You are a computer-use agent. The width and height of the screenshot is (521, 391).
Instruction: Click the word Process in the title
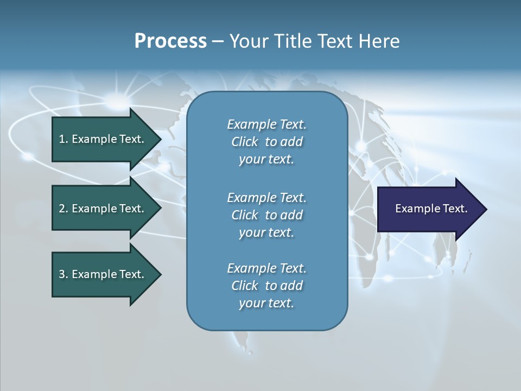170,41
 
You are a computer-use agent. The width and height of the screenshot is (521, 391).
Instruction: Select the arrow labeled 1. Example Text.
101,139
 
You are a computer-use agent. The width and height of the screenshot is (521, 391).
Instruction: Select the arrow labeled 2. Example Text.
101,209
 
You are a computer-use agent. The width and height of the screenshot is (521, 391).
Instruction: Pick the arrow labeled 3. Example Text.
101,274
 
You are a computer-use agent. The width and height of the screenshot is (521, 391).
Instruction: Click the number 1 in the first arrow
62,139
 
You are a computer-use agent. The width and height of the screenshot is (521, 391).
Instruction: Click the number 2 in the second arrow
62,209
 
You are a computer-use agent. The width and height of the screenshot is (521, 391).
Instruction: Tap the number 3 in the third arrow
62,274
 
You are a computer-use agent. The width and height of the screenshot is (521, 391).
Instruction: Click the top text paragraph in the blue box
266,142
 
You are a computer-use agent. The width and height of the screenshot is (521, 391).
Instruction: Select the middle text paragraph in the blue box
266,215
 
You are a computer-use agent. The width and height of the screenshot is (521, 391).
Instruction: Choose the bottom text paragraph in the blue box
266,286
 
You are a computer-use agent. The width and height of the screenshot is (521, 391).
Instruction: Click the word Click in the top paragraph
244,142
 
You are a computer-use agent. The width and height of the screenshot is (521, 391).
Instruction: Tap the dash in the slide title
218,41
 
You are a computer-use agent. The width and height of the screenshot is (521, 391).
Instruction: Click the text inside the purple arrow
431,209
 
